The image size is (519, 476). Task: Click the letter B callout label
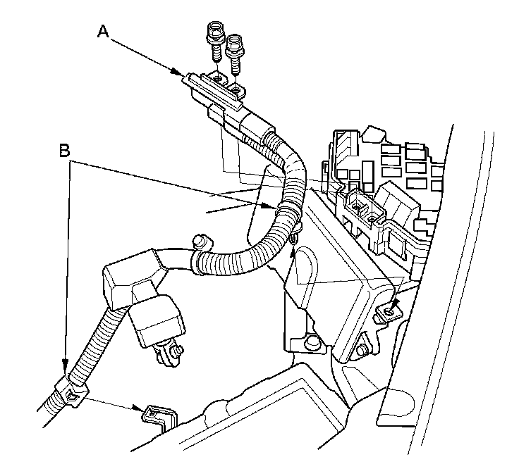[x=65, y=151]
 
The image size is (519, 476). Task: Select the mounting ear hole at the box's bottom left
[x=307, y=344]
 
